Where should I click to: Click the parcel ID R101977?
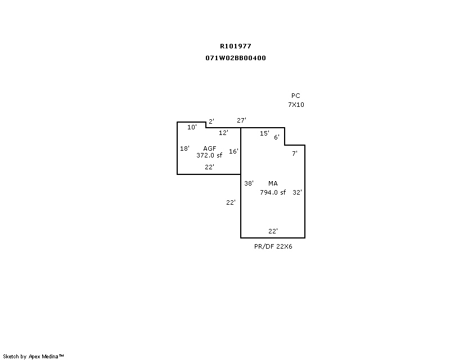pos(236,46)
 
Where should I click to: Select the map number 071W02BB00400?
pos(236,58)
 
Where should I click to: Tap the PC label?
pos(296,96)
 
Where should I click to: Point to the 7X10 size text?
pos(296,105)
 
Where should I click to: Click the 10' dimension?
pos(192,127)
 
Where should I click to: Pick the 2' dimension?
pos(211,121)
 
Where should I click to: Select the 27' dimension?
pos(242,120)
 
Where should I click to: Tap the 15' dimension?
pos(264,133)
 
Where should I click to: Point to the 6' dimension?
pos(277,137)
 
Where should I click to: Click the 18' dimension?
pos(185,148)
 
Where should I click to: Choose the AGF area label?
pos(209,148)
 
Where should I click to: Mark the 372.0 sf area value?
pos(209,155)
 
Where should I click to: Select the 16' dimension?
pos(233,151)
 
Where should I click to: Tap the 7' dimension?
pos(295,154)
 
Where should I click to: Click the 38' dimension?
pos(249,183)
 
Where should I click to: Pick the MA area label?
pos(273,183)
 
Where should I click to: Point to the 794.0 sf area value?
pos(273,192)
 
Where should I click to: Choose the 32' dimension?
pos(298,192)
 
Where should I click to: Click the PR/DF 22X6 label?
pos(273,246)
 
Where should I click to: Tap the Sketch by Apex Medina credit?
pos(33,357)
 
